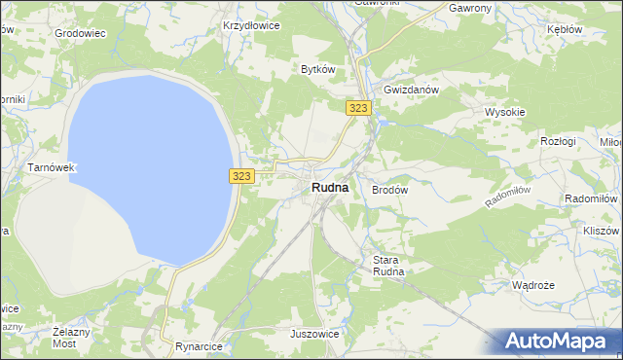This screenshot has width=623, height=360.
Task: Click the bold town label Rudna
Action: pos(329,188)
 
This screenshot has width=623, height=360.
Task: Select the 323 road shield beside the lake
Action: pos(243,176)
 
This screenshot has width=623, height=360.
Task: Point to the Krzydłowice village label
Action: pos(251,26)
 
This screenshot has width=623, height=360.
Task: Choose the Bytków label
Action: pos(318,69)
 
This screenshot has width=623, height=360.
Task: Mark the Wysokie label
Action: pos(505,112)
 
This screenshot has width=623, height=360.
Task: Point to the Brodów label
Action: pos(389,191)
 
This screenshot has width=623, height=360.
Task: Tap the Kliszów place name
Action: pos(600,232)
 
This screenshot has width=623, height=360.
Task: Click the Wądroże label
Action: pos(532,286)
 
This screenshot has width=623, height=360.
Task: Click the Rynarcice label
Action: pos(200,346)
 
